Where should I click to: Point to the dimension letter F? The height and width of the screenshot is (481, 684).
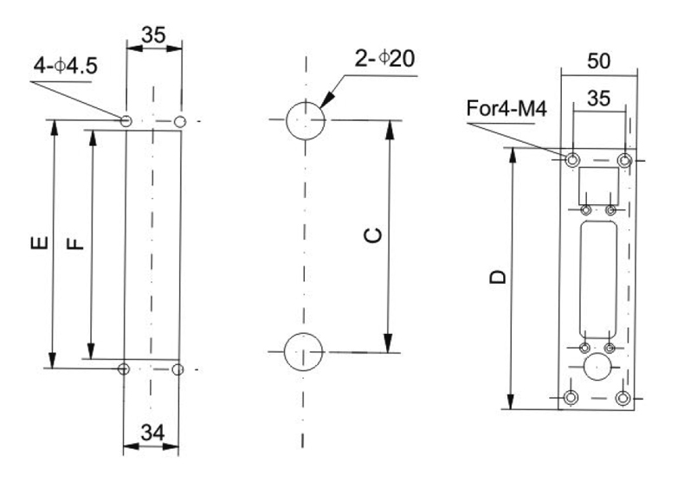(76, 243)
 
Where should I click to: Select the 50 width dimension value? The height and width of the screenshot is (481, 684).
(598, 61)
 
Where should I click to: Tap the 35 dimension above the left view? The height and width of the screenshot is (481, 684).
(154, 37)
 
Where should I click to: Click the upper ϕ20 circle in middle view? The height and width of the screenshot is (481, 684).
(305, 119)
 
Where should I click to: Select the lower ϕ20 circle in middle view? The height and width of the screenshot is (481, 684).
(305, 352)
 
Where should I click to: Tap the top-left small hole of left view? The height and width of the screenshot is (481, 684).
(126, 120)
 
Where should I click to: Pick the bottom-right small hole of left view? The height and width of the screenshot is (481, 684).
(178, 370)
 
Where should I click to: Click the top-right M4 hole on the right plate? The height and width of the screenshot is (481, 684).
(624, 160)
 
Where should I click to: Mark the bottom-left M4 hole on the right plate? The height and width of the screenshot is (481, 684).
(571, 397)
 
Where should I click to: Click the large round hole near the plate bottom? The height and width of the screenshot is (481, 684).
(597, 368)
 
